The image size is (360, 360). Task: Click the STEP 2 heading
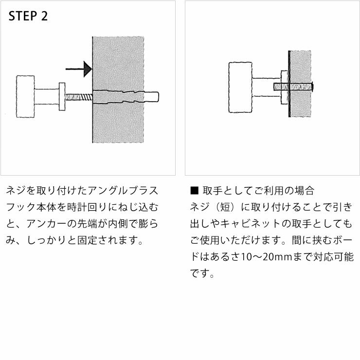pos(29,17)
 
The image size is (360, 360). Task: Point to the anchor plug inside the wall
pos(124,97)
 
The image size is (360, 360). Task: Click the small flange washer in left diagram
pos(62,97)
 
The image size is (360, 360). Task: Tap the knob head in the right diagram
pos(240,88)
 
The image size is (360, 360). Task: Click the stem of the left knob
pos(47,97)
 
